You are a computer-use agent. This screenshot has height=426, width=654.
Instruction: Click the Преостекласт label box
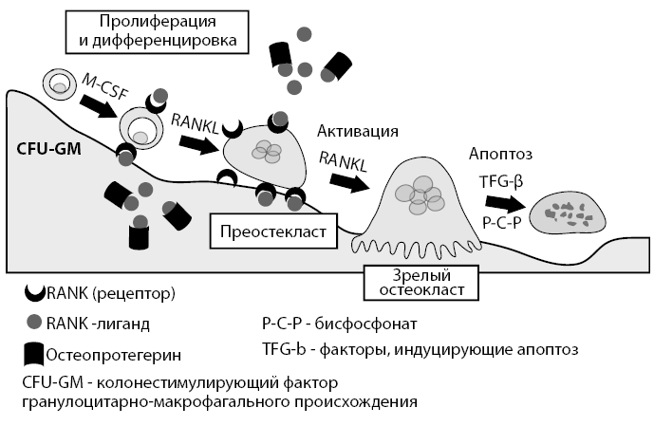[272, 231]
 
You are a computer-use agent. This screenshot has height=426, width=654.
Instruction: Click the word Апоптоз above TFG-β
[500, 153]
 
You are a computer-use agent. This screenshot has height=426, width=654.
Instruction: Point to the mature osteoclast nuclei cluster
[418, 196]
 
